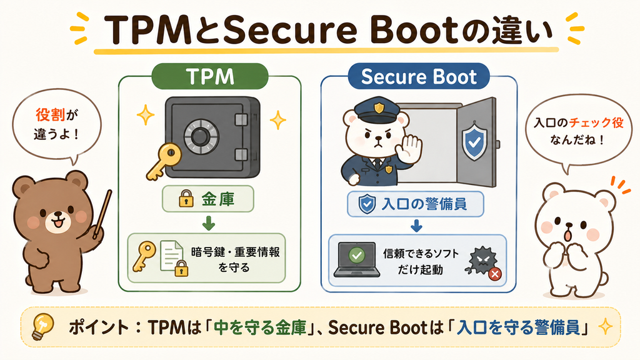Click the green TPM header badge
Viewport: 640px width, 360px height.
(x=210, y=76)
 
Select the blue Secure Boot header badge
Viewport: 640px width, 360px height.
(x=419, y=76)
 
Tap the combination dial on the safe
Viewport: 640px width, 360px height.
(x=199, y=136)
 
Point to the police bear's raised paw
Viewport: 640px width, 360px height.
(x=410, y=147)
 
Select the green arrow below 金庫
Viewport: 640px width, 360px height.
(x=209, y=223)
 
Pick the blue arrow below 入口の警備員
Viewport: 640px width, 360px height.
(x=416, y=226)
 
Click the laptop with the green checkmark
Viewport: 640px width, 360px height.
(x=357, y=259)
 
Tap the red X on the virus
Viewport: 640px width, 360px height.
(x=495, y=274)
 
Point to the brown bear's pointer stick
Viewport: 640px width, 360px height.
(x=102, y=214)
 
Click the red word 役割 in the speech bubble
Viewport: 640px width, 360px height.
(x=50, y=115)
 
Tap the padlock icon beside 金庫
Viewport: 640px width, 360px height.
(x=186, y=198)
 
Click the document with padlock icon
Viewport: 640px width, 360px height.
(x=174, y=258)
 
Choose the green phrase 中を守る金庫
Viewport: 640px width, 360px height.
(x=260, y=327)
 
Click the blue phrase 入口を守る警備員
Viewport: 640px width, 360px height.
(x=518, y=327)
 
